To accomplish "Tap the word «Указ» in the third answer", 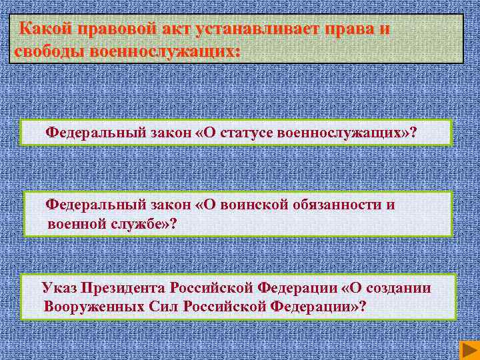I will point(59,288).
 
